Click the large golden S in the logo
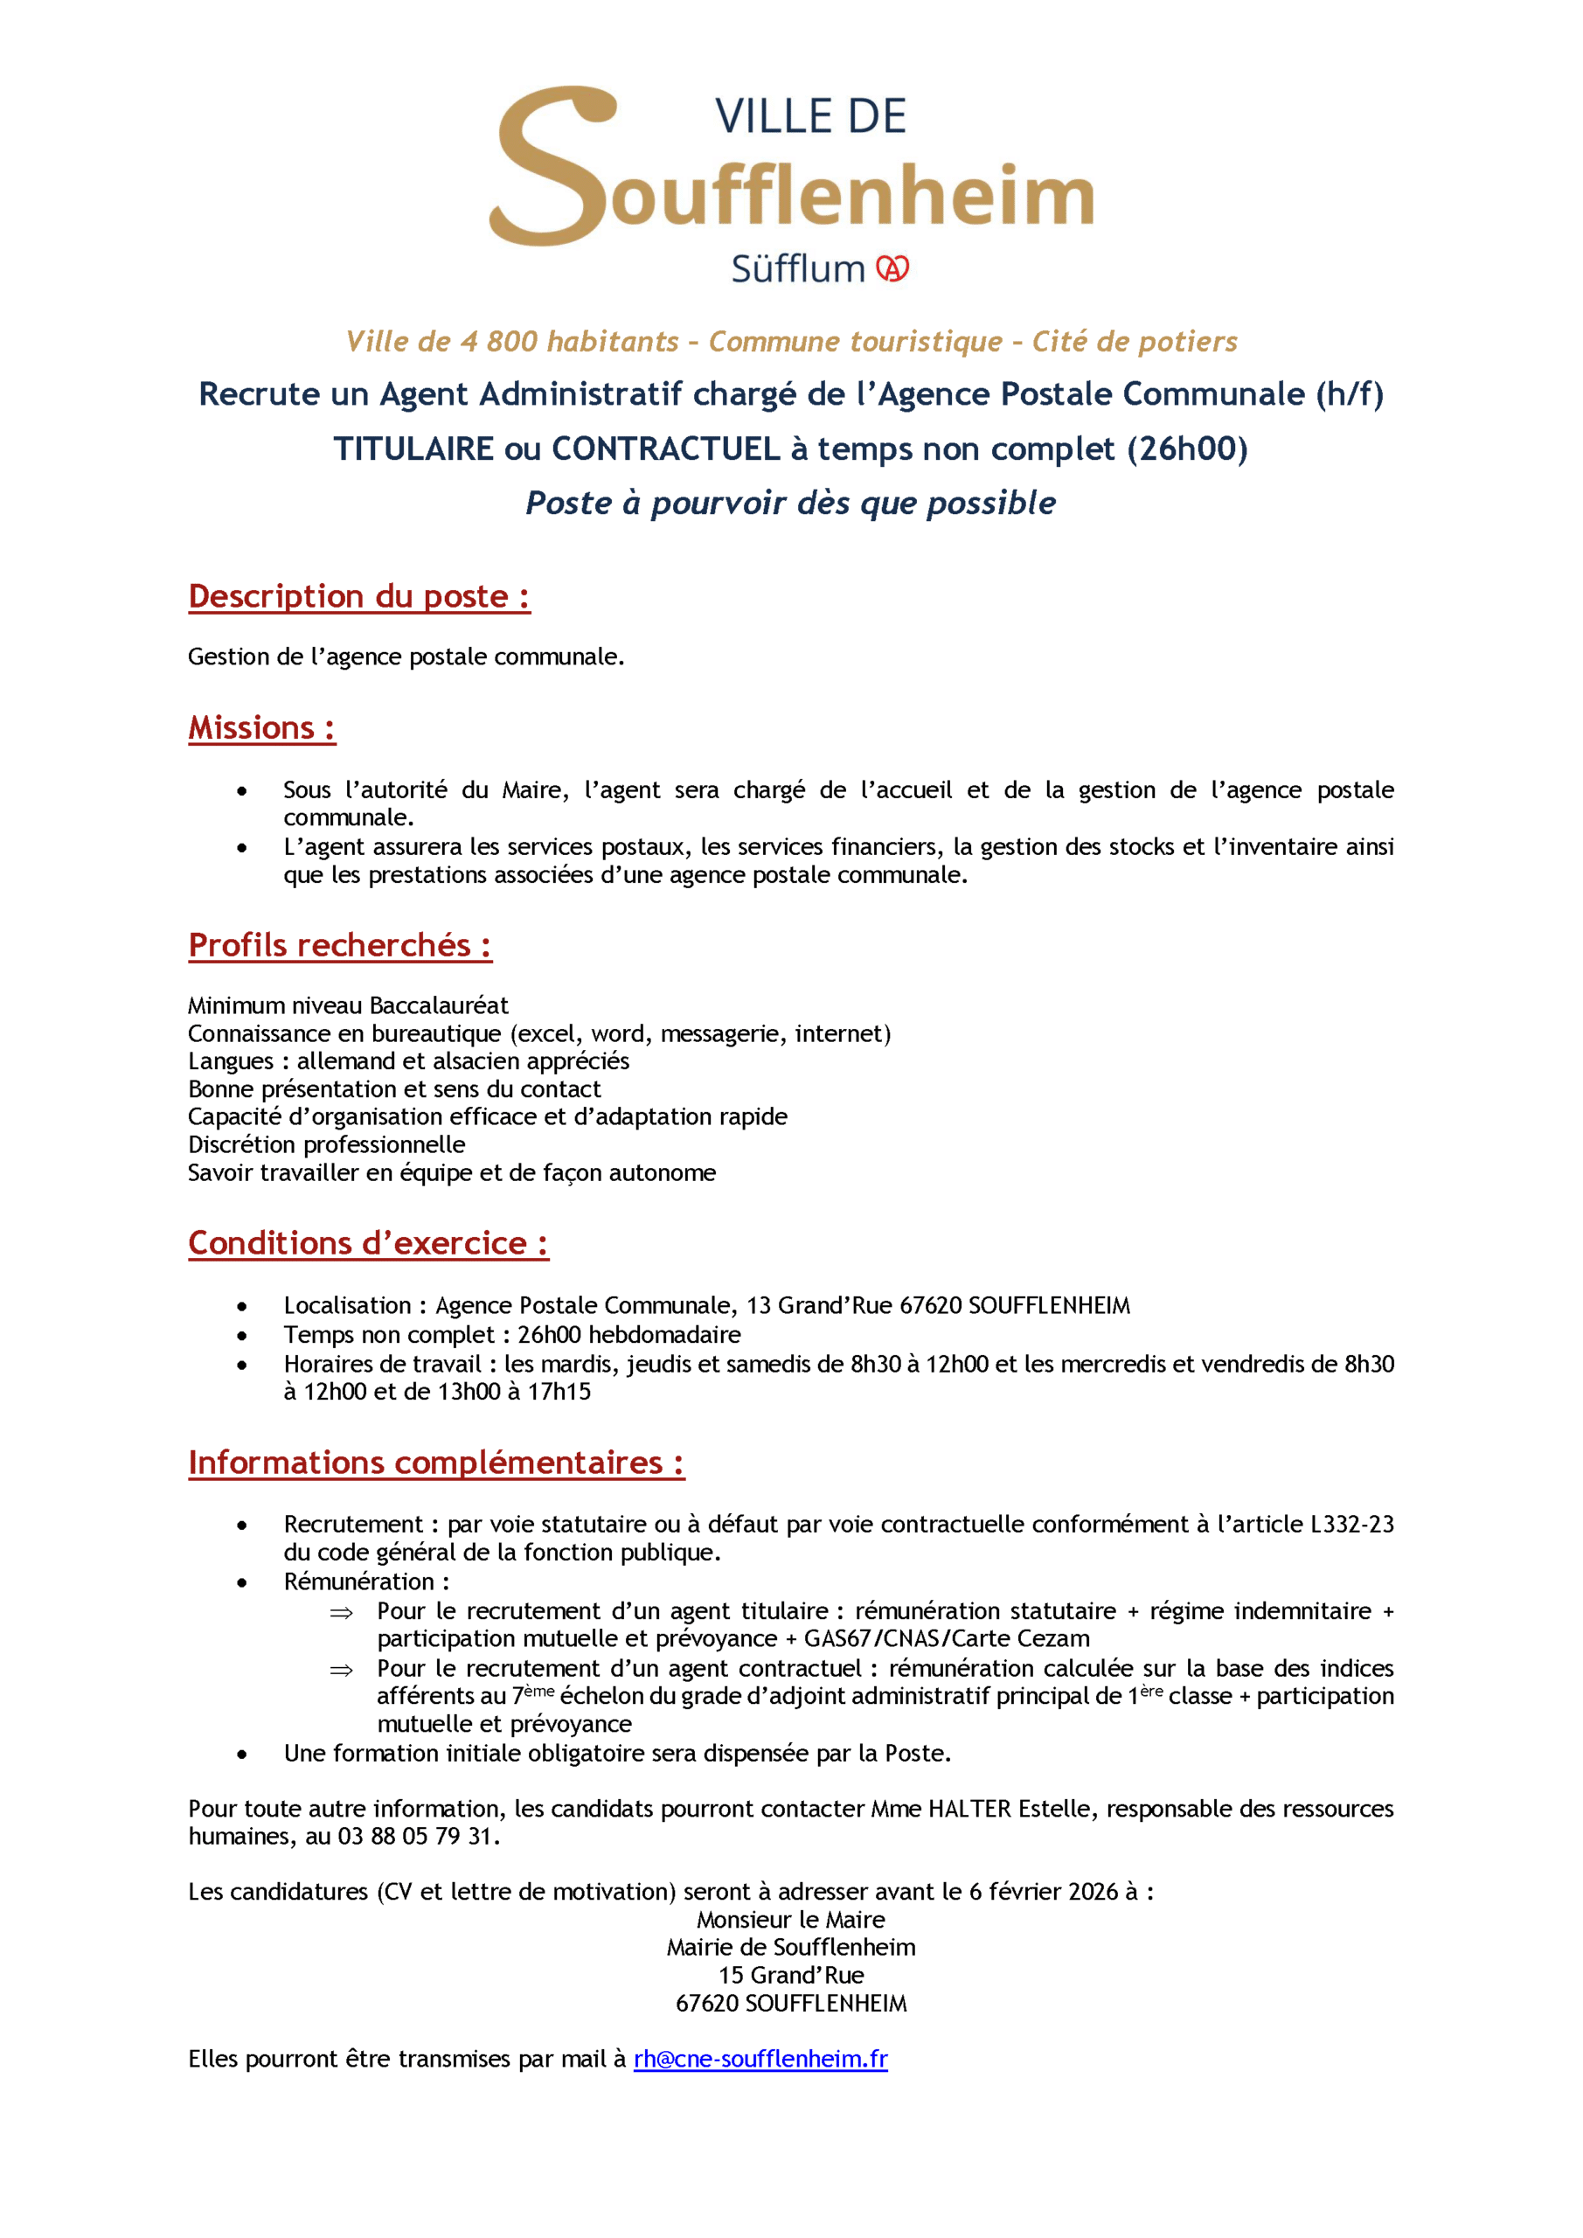point(551,166)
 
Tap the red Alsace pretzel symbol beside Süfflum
point(892,269)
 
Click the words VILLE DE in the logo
point(810,117)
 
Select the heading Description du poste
point(358,596)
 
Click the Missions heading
point(261,728)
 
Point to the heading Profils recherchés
point(339,946)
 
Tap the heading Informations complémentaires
point(435,1463)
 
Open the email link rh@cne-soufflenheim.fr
point(760,2060)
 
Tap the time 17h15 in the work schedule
point(559,1392)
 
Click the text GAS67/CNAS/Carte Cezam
point(947,1638)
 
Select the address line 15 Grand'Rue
point(790,1976)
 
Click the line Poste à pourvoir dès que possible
point(790,503)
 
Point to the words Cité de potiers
point(1135,342)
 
